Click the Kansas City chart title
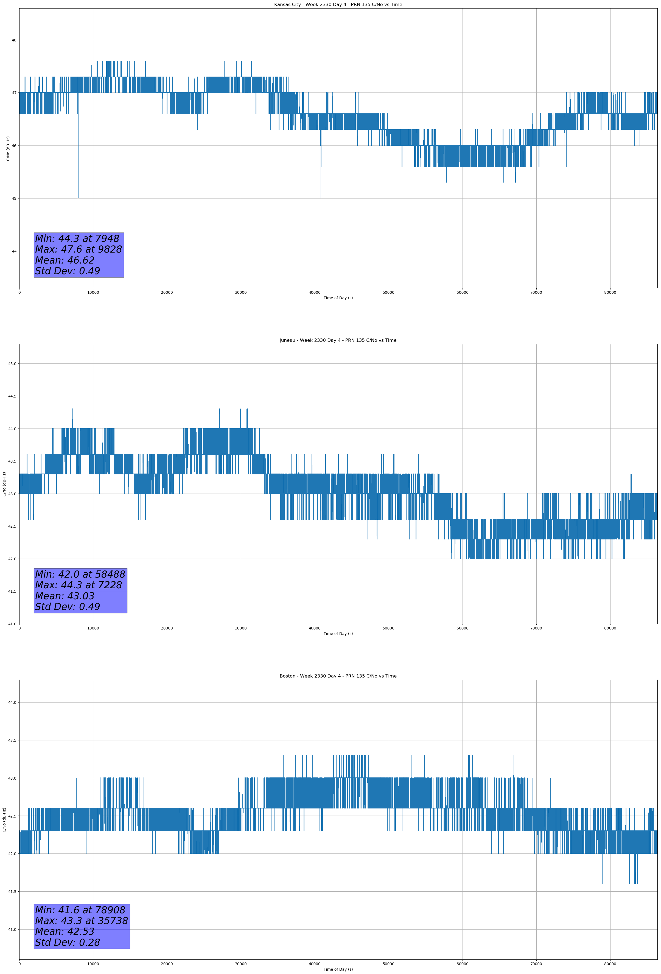338,5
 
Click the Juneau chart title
338,340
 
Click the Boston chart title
338,676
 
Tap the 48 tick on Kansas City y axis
14,40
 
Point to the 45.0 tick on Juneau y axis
12,364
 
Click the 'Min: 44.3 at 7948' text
77,239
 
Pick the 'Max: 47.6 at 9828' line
79,249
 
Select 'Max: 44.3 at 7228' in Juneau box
79,585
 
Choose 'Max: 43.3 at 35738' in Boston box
81,921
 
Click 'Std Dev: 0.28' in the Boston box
68,942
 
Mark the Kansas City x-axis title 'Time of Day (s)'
338,298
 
